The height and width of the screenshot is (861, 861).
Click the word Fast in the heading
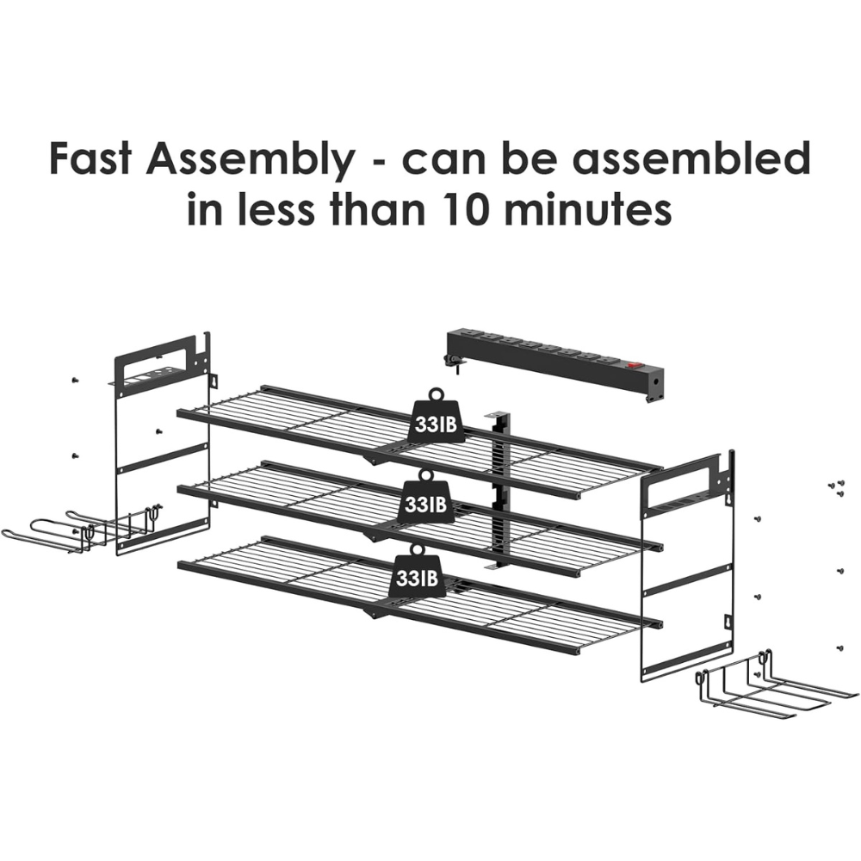tap(90, 158)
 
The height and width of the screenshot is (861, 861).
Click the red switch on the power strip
tap(635, 363)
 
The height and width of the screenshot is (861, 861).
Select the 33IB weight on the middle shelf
tap(424, 497)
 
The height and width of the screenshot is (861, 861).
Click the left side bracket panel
tap(163, 443)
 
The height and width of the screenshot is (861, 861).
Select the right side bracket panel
tap(688, 566)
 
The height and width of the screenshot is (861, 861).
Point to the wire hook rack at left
tap(83, 526)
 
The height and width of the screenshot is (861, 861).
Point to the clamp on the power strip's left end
tap(454, 362)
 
